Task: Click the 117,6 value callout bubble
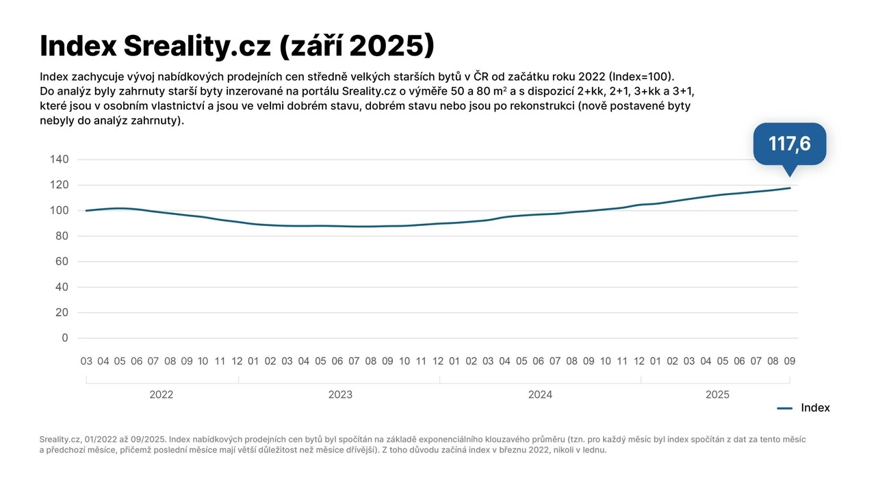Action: pyautogui.click(x=789, y=144)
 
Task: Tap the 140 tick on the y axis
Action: pyautogui.click(x=60, y=160)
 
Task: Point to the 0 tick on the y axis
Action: pyautogui.click(x=65, y=338)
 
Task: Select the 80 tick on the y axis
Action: pyautogui.click(x=62, y=236)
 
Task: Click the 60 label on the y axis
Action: pyautogui.click(x=62, y=262)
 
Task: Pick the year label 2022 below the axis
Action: pyautogui.click(x=162, y=394)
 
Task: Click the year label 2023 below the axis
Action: pyautogui.click(x=340, y=394)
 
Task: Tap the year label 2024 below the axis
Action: pyautogui.click(x=540, y=394)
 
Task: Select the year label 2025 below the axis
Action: pyautogui.click(x=717, y=394)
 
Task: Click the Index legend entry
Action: pyautogui.click(x=814, y=408)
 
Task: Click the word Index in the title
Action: pyautogui.click(x=77, y=46)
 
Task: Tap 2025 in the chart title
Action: pyautogui.click(x=387, y=46)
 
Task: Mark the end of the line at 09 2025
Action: pyautogui.click(x=790, y=188)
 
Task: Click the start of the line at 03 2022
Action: pyautogui.click(x=86, y=210)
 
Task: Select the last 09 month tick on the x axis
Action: pyautogui.click(x=789, y=361)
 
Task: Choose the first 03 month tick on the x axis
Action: pyautogui.click(x=86, y=361)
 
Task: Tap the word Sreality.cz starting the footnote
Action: pyautogui.click(x=60, y=439)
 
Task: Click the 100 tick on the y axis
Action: pyautogui.click(x=60, y=210)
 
